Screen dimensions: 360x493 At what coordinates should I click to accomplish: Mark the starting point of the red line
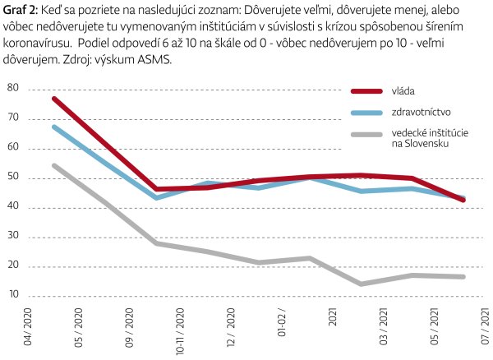[x=53, y=99]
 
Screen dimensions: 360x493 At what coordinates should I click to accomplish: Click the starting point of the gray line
[x=53, y=165]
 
